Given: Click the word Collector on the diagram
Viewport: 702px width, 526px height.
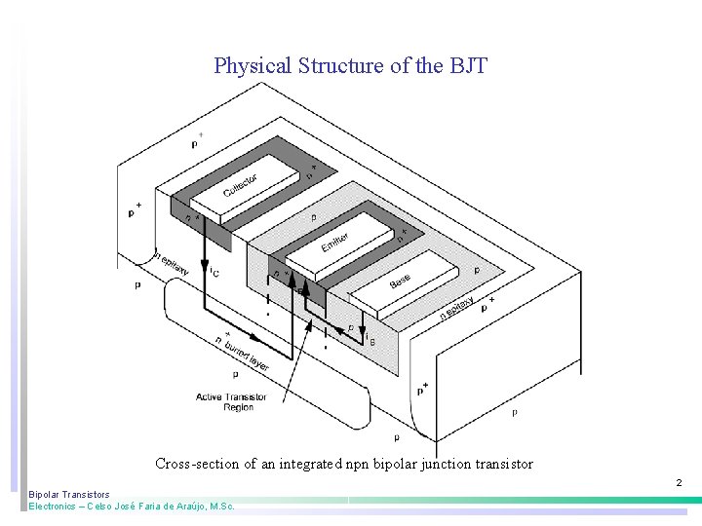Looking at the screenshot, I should pos(239,185).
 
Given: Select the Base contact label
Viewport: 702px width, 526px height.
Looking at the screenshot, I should pos(400,281).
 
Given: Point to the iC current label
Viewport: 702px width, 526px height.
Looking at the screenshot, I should pos(214,274).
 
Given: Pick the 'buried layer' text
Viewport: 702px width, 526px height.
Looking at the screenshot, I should pos(247,352).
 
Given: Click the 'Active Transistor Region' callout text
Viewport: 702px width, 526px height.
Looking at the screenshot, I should pos(224,401).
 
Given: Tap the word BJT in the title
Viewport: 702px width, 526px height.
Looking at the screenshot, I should pos(468,66).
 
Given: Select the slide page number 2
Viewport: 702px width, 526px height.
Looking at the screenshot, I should pos(679,482).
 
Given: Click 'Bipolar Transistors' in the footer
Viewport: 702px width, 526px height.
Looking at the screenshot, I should pos(69,495).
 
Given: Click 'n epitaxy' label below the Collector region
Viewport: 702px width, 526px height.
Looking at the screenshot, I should pos(173,259).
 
